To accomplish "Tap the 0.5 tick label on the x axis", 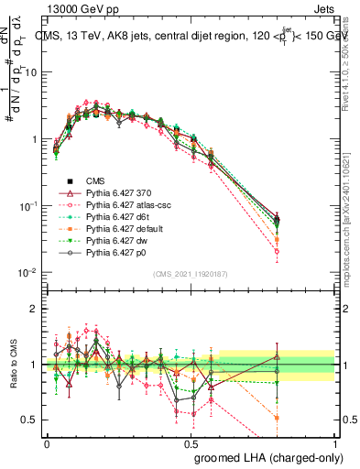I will (x=191, y=442).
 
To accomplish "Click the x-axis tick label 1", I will (x=334, y=442).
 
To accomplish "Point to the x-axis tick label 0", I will (x=47, y=442).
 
